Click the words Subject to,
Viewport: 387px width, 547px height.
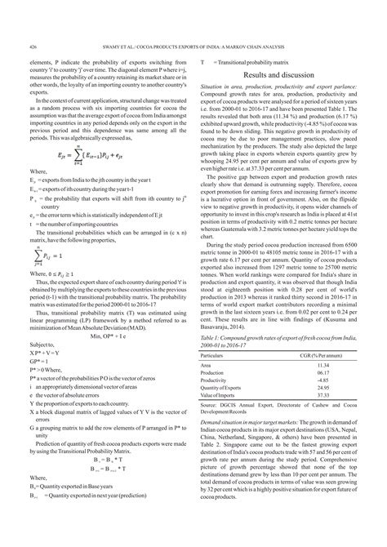tap(42, 343)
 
